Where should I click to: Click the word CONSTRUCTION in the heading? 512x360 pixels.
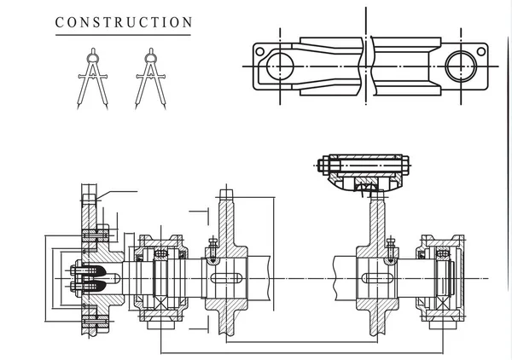click(124, 22)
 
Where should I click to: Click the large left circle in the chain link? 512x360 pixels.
click(278, 65)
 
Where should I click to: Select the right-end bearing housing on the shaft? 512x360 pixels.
click(444, 278)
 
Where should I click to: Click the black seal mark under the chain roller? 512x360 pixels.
click(368, 185)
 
